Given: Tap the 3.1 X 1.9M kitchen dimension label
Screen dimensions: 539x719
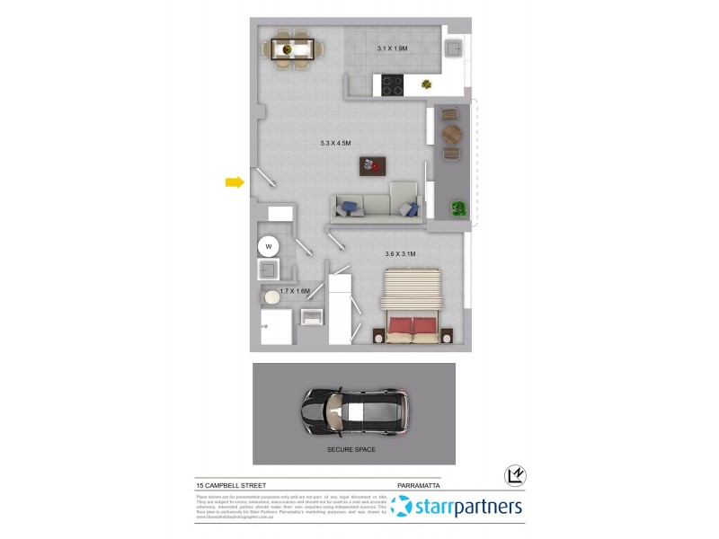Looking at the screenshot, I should [392, 49].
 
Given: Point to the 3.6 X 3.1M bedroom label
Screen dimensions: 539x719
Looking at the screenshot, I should [400, 254].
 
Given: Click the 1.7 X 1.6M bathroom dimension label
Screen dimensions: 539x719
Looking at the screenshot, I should [295, 291].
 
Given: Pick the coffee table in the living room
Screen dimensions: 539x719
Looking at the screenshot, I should [372, 166].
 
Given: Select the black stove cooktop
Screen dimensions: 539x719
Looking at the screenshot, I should [393, 85].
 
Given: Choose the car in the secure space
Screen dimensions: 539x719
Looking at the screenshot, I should [353, 412].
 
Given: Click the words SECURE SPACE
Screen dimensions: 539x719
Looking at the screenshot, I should [352, 449].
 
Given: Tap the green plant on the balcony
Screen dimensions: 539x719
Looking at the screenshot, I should [459, 209].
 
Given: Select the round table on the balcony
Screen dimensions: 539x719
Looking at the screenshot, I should [451, 134].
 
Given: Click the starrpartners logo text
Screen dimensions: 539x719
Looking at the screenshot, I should [467, 508].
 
